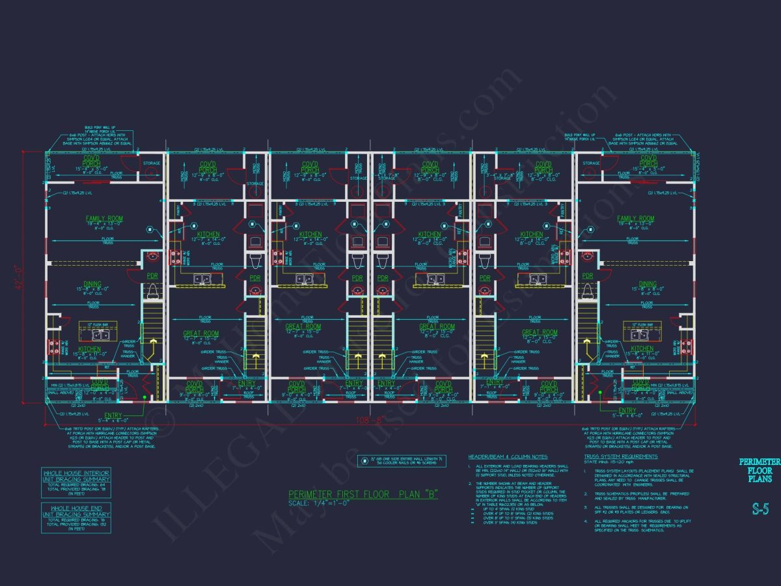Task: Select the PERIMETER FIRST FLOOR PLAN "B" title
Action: (363, 495)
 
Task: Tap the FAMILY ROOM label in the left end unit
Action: (104, 219)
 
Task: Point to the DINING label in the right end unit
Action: (647, 284)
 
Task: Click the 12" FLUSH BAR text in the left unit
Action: (94, 324)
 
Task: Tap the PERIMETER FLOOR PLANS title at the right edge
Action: (758, 470)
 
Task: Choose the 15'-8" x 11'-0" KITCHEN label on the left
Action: (90, 350)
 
